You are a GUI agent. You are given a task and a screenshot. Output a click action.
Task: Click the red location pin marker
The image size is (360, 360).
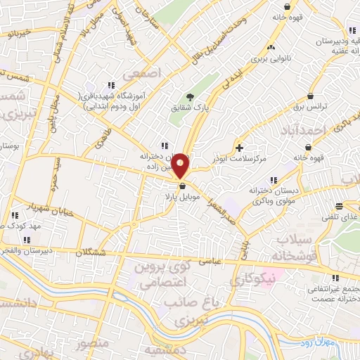[x=181, y=166]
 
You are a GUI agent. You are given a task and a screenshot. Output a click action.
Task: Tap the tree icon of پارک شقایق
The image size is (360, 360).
[x=189, y=97]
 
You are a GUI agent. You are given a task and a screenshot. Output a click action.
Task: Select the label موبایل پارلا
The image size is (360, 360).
[x=184, y=198]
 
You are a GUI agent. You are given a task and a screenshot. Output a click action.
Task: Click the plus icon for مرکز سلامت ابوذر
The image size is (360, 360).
[x=240, y=148]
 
